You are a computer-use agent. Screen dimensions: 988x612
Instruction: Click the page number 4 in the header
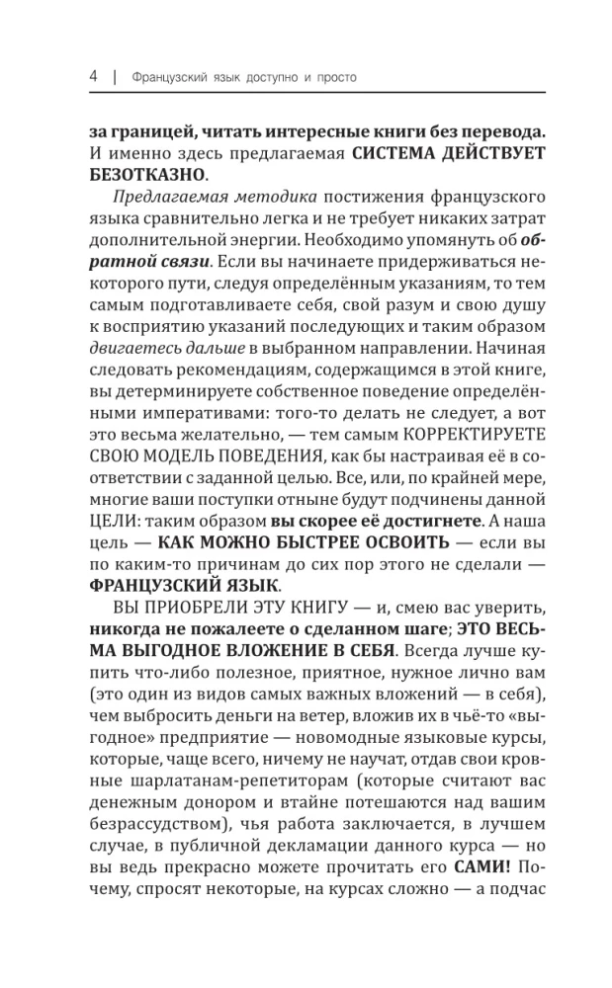tap(91, 76)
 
